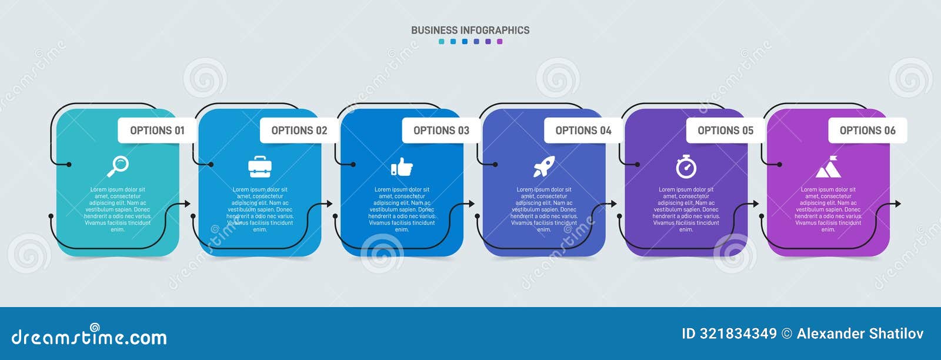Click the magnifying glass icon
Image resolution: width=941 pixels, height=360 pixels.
pos(118,166)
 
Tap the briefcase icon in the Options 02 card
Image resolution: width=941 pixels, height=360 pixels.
pos(259,167)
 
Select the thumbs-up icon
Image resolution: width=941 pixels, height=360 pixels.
pos(402,167)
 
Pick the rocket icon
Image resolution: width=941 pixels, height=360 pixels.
pos(543,167)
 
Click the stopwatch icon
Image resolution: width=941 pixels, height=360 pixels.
pos(686,166)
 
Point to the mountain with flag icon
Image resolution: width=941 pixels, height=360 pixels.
pos(828,167)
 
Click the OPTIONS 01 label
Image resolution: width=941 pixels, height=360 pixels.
pos(157,131)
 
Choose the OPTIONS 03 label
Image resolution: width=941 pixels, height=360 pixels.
pos(441,131)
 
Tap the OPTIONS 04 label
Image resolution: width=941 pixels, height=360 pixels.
pos(583,131)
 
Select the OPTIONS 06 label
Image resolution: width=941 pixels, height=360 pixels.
pos(867,131)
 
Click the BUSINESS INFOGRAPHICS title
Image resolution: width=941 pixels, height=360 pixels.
pos(470,30)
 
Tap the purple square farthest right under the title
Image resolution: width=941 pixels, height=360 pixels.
pos(500,42)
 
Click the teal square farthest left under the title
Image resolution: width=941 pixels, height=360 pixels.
pos(441,42)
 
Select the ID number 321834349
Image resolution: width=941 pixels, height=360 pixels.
pos(738,334)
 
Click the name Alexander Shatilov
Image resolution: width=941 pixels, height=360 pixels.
pos(860,334)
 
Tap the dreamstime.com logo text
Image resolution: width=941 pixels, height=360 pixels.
pos(89,336)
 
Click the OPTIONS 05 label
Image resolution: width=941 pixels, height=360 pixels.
pos(725,131)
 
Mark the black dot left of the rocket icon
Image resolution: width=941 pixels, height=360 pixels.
pos(495,165)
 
